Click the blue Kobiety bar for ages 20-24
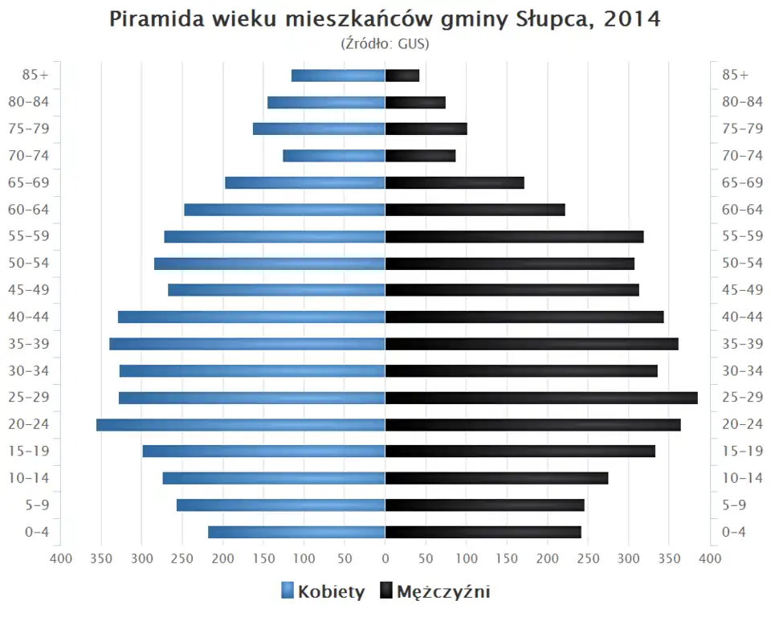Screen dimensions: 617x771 241,424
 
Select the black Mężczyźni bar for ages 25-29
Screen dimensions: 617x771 541,398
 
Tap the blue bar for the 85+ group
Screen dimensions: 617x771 338,76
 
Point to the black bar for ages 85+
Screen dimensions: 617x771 402,76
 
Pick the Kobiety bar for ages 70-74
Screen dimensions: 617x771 334,156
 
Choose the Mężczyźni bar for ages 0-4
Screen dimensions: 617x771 483,532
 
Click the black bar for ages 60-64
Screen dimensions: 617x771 475,210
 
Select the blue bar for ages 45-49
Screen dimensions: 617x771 276,290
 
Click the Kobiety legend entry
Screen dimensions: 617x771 323,592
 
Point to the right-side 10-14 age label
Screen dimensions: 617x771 742,478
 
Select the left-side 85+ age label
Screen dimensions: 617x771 37,75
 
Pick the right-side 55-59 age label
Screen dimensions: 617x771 742,236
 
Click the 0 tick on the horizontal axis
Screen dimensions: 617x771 385,559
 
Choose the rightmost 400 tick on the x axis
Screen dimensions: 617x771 710,559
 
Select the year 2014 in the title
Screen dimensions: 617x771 633,19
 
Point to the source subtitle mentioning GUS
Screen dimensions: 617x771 385,44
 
